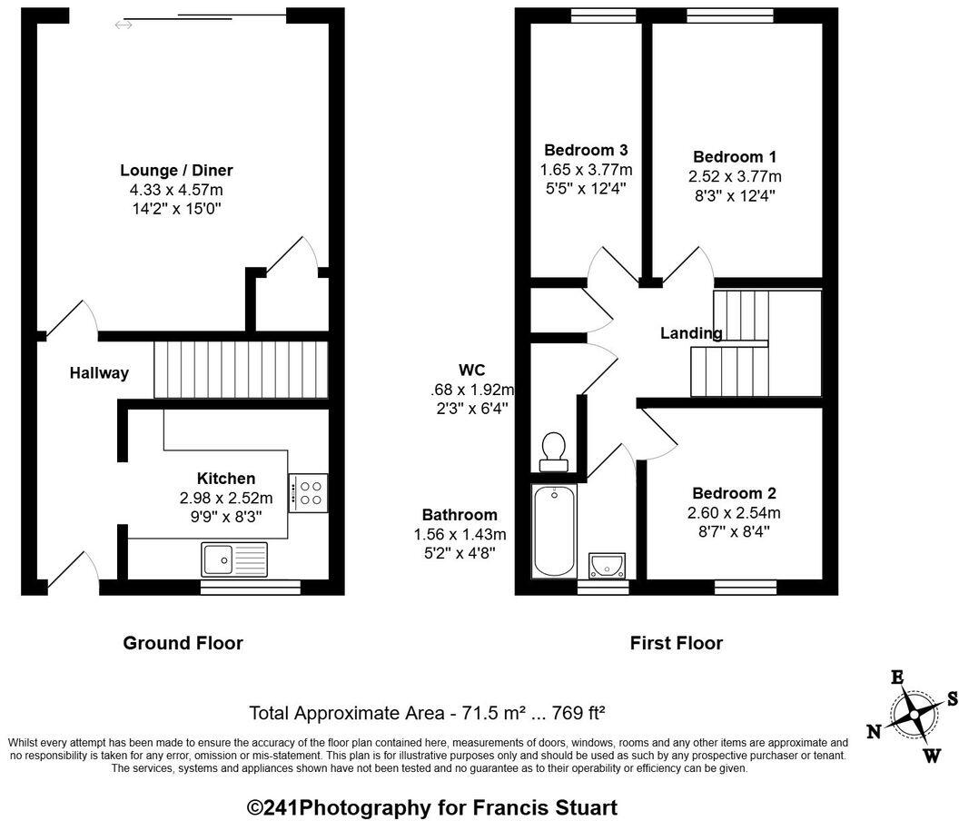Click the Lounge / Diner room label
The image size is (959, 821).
[176, 170]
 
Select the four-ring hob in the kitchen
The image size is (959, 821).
[309, 492]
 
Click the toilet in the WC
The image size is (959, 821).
[553, 450]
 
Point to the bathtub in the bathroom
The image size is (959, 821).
[553, 529]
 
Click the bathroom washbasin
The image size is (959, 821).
[606, 565]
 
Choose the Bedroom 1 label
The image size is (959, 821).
[735, 156]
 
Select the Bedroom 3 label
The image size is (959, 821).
[586, 150]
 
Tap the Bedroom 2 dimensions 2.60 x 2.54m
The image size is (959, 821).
[735, 512]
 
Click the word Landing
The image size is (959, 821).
[691, 333]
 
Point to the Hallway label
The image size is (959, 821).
[99, 372]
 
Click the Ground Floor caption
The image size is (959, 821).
[183, 643]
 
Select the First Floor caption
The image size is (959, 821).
[677, 643]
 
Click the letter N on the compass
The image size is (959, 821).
[874, 732]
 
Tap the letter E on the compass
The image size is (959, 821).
[897, 678]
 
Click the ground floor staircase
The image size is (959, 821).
[241, 370]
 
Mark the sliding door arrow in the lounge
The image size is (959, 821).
[124, 25]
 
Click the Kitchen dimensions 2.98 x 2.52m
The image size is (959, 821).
[226, 498]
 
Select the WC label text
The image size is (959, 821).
[472, 370]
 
